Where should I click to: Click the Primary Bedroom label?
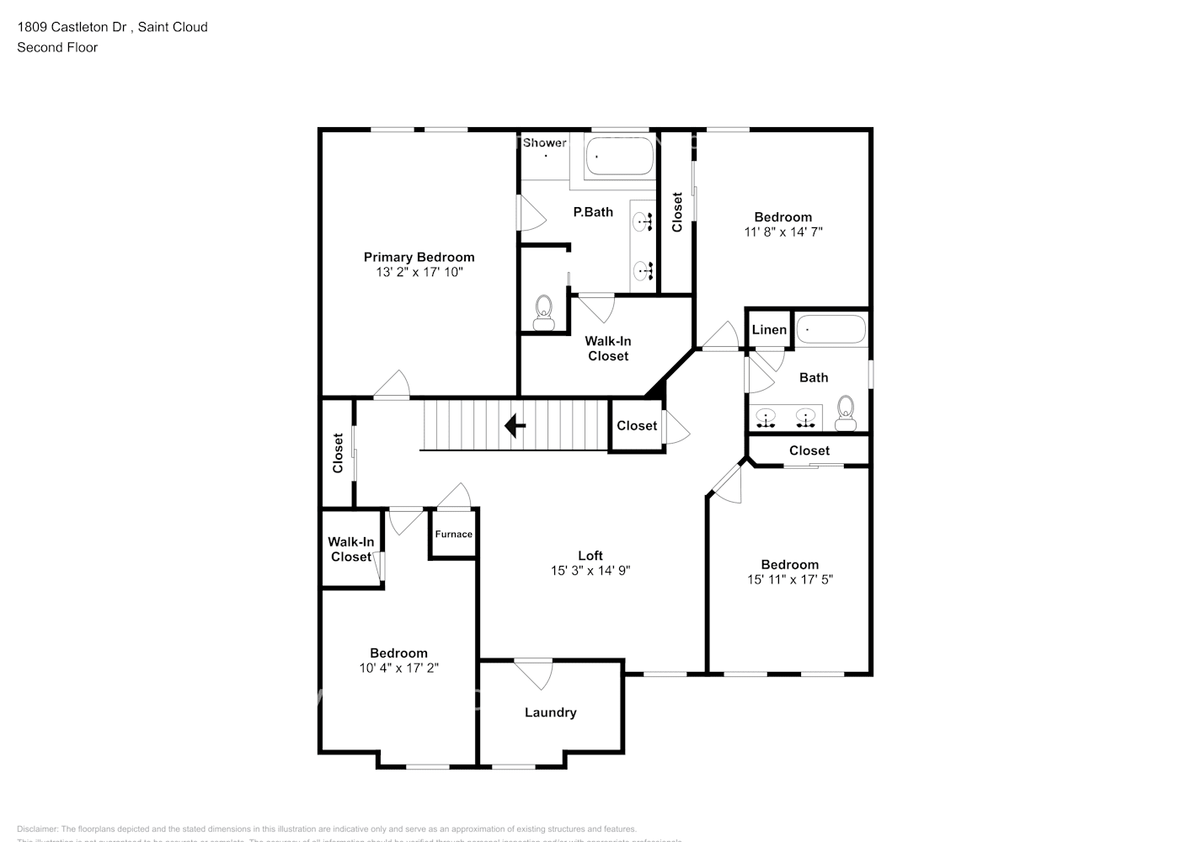[419, 257]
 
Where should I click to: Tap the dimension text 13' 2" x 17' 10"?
[419, 272]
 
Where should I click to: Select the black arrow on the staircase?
[515, 426]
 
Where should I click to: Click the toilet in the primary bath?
[544, 313]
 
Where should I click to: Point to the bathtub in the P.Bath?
[620, 157]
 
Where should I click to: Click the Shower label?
[544, 143]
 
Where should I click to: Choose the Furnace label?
[453, 534]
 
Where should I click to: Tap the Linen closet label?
[769, 329]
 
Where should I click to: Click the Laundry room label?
[550, 712]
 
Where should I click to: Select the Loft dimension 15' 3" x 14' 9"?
[590, 570]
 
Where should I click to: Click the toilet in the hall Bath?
[845, 410]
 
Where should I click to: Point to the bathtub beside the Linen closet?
[830, 329]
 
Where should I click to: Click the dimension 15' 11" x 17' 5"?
[789, 579]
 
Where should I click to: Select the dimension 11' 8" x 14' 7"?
[782, 232]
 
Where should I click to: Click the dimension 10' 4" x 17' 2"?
[398, 668]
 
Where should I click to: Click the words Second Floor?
[57, 47]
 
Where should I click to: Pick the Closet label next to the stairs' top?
[636, 425]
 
